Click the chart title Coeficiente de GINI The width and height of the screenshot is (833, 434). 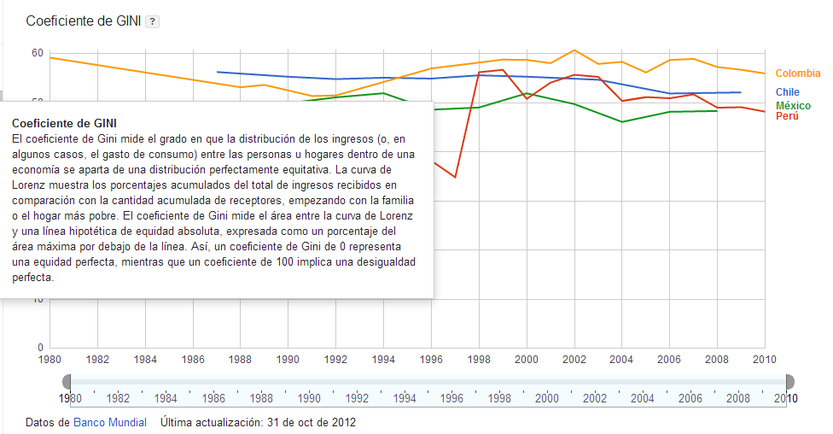pyautogui.click(x=84, y=21)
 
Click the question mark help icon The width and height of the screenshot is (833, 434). pyautogui.click(x=152, y=21)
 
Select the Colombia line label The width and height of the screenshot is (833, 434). pyautogui.click(x=797, y=74)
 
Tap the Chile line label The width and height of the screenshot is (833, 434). pyautogui.click(x=787, y=92)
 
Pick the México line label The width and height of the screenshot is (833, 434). pyautogui.click(x=793, y=105)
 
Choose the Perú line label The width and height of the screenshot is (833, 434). pyautogui.click(x=787, y=116)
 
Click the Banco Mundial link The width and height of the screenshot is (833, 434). pyautogui.click(x=110, y=422)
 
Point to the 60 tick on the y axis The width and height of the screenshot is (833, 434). pyautogui.click(x=38, y=53)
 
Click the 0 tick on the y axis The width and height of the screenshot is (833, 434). pyautogui.click(x=40, y=348)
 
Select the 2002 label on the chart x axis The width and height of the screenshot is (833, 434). pyautogui.click(x=574, y=360)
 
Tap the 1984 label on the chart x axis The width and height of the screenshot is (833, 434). pyautogui.click(x=145, y=360)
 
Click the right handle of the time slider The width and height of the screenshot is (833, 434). pyautogui.click(x=789, y=381)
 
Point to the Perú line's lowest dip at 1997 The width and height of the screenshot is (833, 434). pyautogui.click(x=455, y=178)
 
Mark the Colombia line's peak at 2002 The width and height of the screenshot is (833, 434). pyautogui.click(x=574, y=50)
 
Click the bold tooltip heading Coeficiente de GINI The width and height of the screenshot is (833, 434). pyautogui.click(x=65, y=123)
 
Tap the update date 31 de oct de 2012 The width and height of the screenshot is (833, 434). pyautogui.click(x=312, y=422)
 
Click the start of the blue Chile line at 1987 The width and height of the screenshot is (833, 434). pyautogui.click(x=218, y=72)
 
